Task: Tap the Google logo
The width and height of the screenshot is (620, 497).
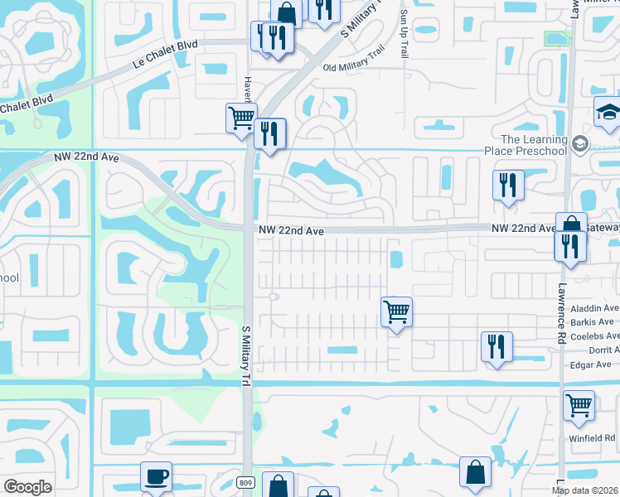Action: pos(27,487)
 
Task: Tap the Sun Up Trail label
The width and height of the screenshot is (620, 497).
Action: pos(404,32)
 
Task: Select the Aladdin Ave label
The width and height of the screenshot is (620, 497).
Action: pos(595,308)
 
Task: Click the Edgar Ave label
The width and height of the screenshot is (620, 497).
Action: pos(591,364)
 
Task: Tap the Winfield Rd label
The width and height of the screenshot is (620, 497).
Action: pos(598,437)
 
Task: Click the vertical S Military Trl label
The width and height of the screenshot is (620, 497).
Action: pos(245,355)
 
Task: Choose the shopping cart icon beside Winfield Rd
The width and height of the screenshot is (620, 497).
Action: pos(579,406)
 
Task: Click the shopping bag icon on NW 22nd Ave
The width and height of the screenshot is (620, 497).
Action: pos(572,225)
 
